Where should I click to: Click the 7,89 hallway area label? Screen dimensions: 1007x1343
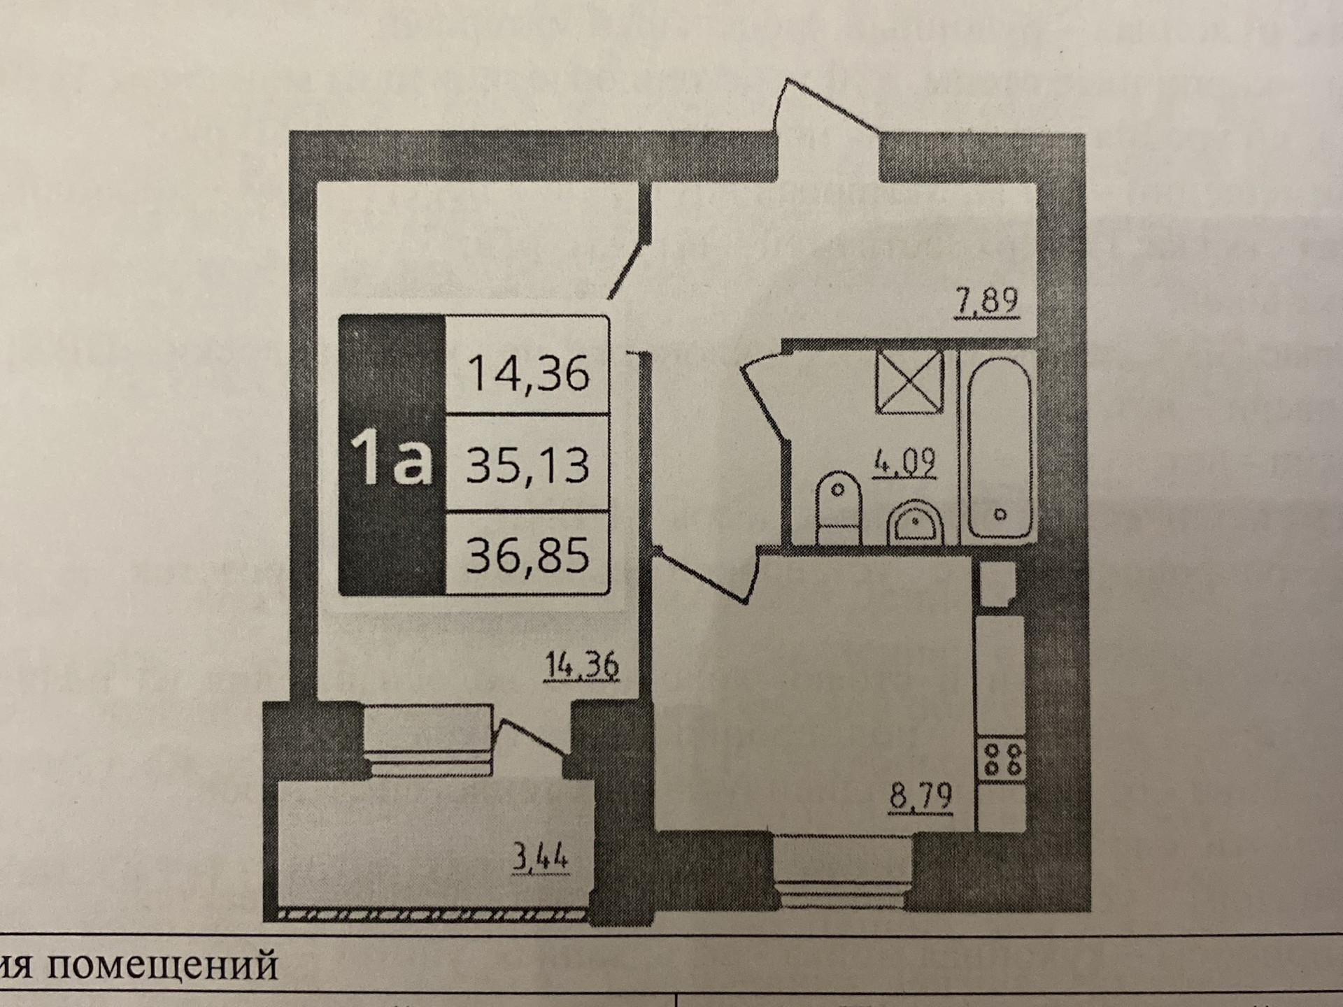[986, 302]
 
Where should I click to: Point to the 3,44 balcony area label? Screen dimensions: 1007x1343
[540, 858]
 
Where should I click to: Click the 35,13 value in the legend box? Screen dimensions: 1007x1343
[527, 464]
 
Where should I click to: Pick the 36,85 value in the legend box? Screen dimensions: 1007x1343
[527, 555]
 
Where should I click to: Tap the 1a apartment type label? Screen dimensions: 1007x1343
[392, 457]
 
